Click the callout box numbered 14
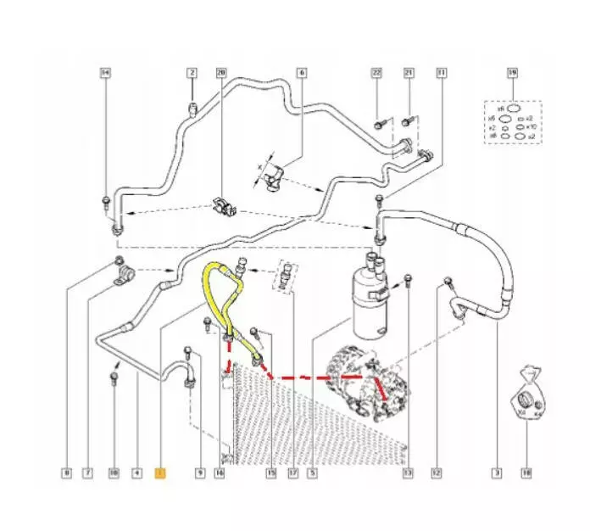(105, 74)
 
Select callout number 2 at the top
(192, 74)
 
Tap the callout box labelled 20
(222, 74)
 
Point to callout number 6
(300, 74)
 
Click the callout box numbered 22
(377, 74)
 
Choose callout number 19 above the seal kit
(512, 74)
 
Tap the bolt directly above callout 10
(114, 378)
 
